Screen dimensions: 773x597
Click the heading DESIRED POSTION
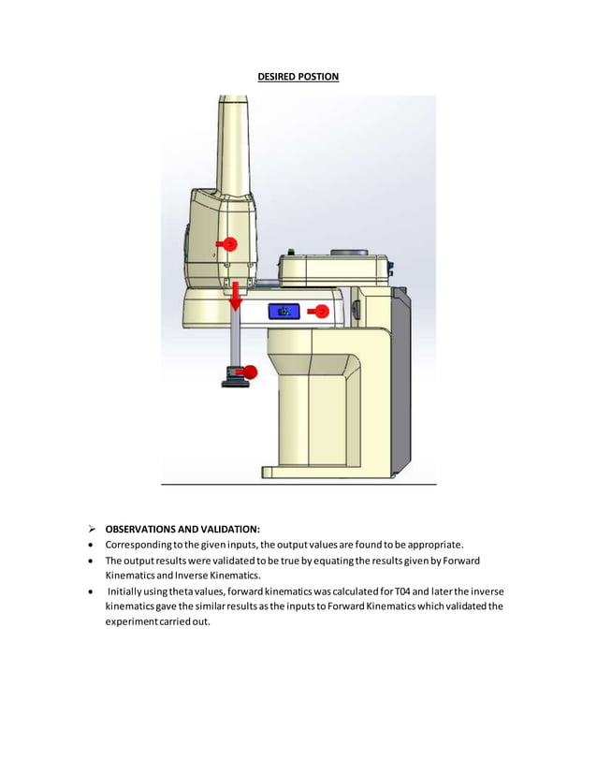pyautogui.click(x=298, y=76)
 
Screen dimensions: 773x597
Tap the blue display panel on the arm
pyautogui.click(x=284, y=312)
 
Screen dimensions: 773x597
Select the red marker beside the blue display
pyautogui.click(x=321, y=312)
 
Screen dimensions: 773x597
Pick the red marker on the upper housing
pyautogui.click(x=228, y=244)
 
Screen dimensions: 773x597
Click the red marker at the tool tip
pyautogui.click(x=246, y=372)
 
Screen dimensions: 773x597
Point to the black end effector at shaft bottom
pyautogui.click(x=231, y=379)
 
